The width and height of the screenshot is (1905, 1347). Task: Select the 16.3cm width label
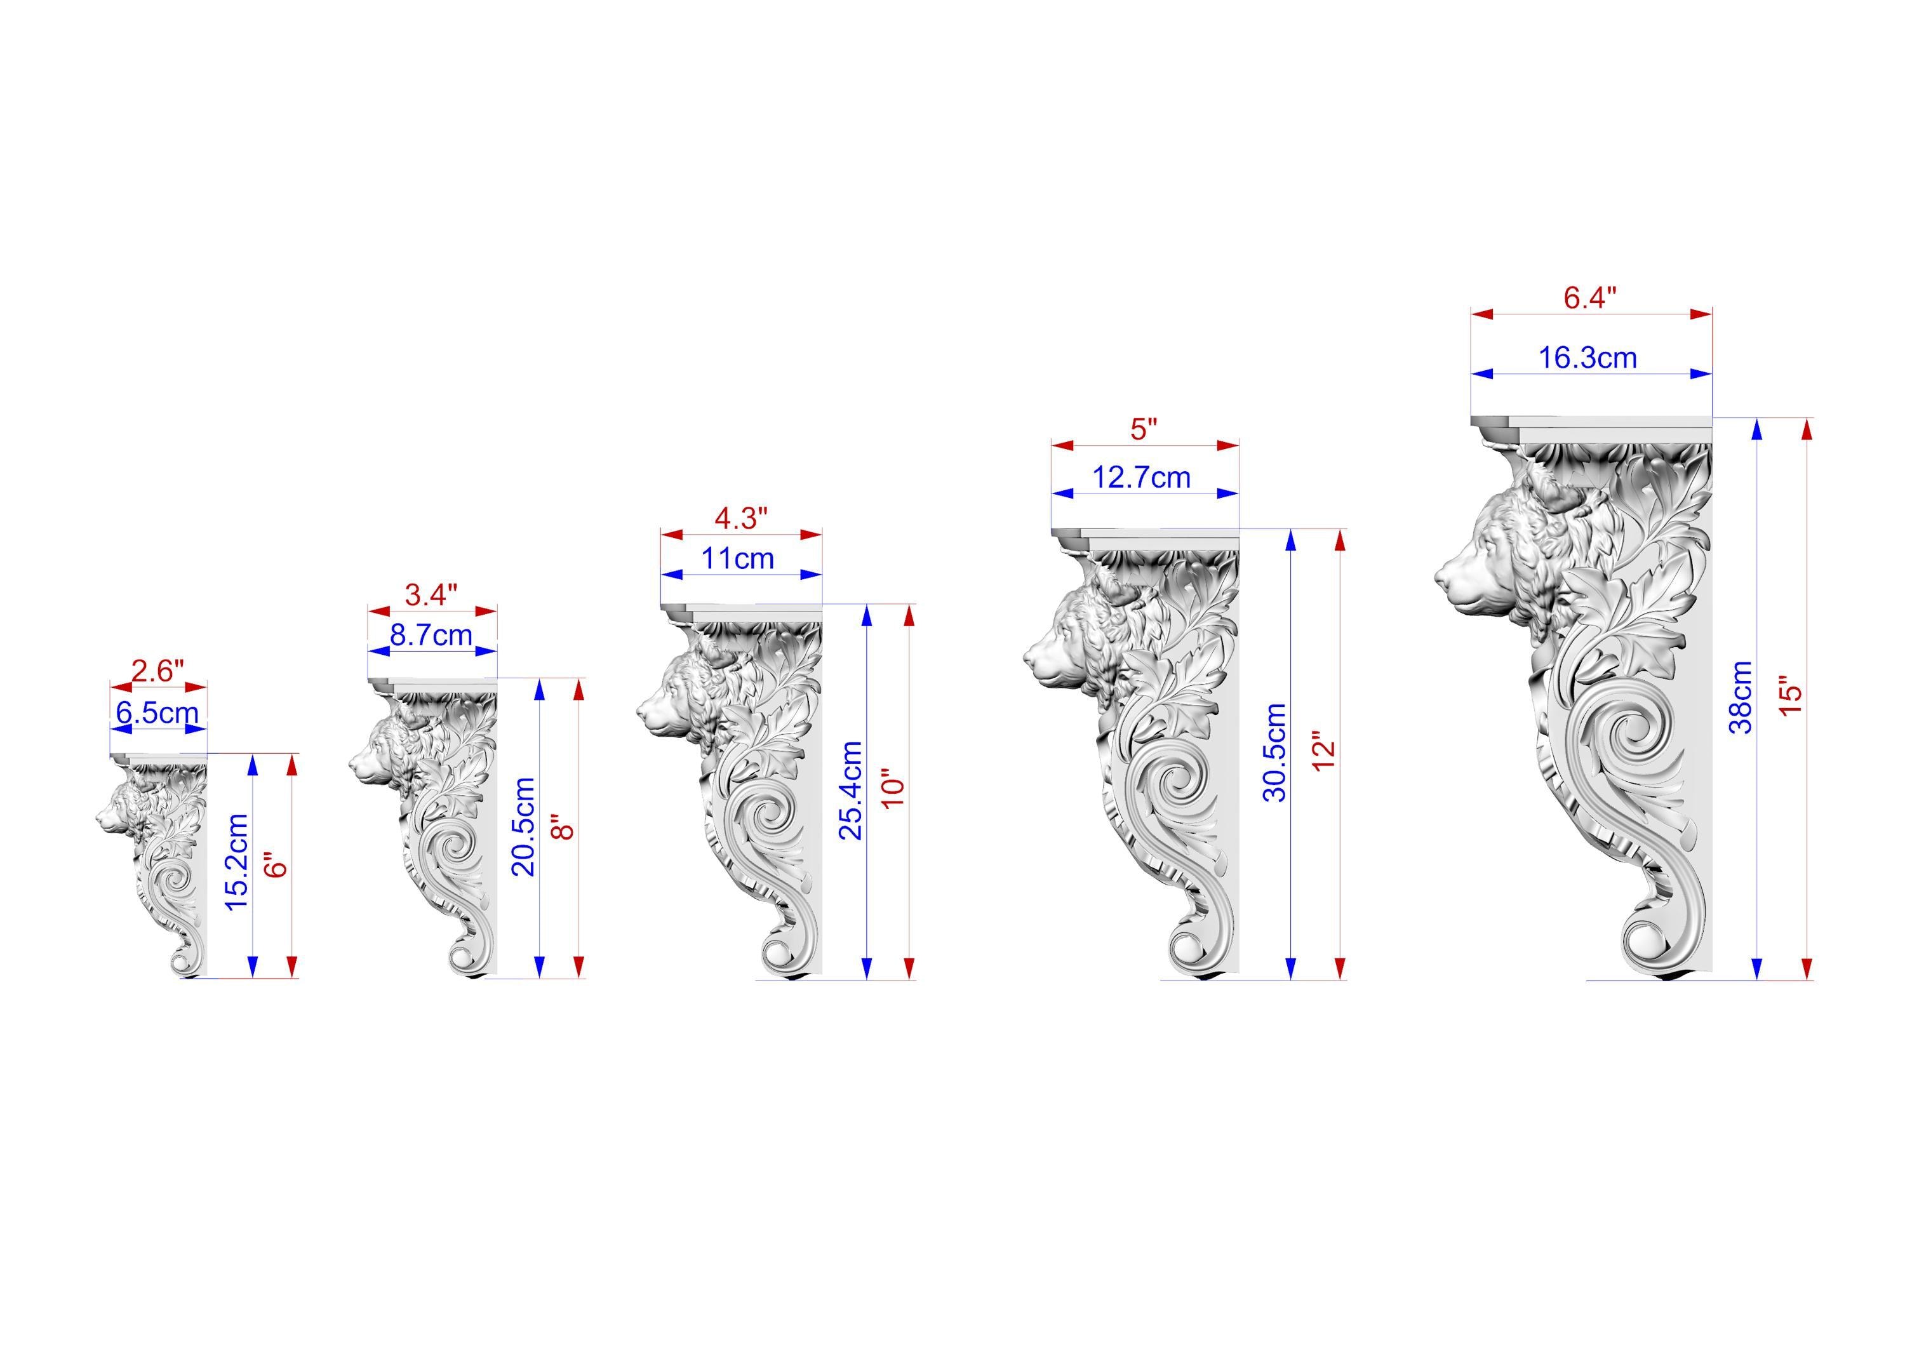tap(1588, 358)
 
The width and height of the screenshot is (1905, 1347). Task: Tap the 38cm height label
tap(1740, 697)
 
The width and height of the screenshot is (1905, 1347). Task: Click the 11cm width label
tap(739, 559)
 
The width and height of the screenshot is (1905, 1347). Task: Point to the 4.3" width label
tap(741, 518)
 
